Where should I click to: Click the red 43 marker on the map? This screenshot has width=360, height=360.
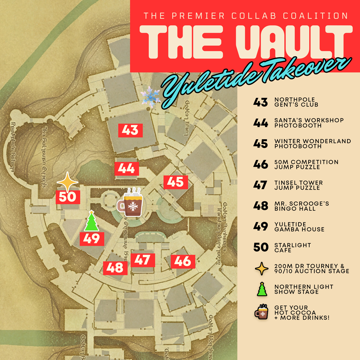tap(130, 130)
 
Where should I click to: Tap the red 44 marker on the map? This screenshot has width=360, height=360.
tap(126, 168)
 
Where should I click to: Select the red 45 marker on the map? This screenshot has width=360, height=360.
tap(176, 182)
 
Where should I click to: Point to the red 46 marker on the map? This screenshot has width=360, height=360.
tap(183, 261)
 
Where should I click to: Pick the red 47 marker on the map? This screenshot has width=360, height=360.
tap(143, 260)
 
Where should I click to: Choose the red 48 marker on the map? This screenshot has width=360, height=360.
tap(116, 268)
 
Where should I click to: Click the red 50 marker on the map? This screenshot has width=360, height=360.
tap(68, 197)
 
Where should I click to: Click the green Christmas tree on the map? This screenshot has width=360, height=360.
tap(91, 221)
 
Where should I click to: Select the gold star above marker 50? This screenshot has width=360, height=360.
tap(67, 183)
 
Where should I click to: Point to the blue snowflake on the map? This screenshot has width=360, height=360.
tap(150, 97)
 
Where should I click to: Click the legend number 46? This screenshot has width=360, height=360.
tap(261, 165)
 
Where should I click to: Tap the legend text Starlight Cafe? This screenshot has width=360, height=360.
tap(292, 248)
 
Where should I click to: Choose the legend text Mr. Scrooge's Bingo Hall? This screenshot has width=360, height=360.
tap(301, 206)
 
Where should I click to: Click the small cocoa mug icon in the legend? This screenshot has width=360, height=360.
tap(262, 312)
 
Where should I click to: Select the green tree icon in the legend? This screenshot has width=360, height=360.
tap(261, 289)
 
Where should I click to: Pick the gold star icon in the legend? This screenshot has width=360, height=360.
tap(261, 268)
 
